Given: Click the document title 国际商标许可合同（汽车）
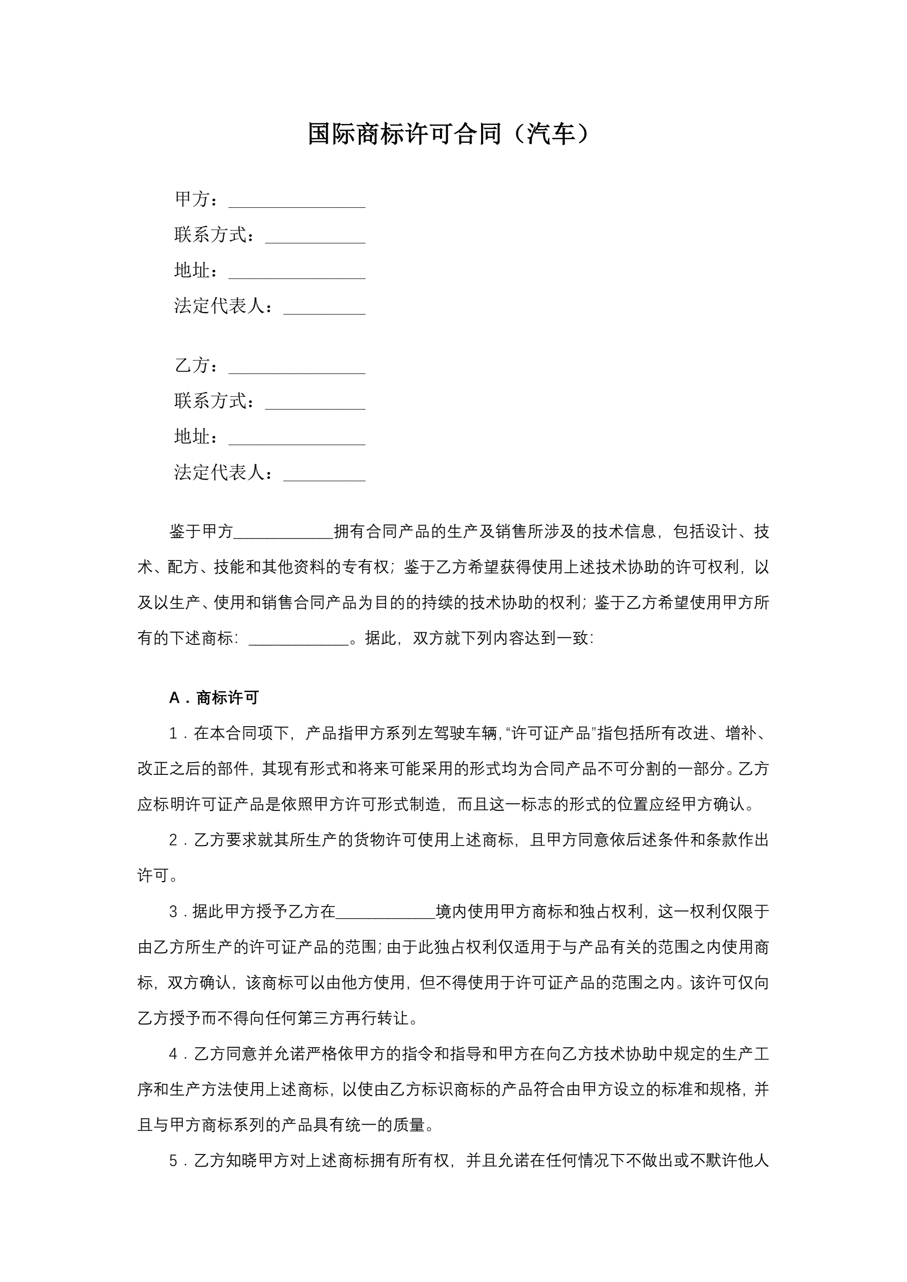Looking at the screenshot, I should [448, 134].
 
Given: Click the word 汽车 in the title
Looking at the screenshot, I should [551, 134].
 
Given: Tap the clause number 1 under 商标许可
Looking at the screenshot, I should [173, 734].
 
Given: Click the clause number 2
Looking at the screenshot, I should [173, 840].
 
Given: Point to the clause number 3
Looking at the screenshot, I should [173, 912].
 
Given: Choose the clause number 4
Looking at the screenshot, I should [173, 1054].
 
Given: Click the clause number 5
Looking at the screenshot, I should [173, 1161].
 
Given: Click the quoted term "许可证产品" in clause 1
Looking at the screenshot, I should [551, 734].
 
